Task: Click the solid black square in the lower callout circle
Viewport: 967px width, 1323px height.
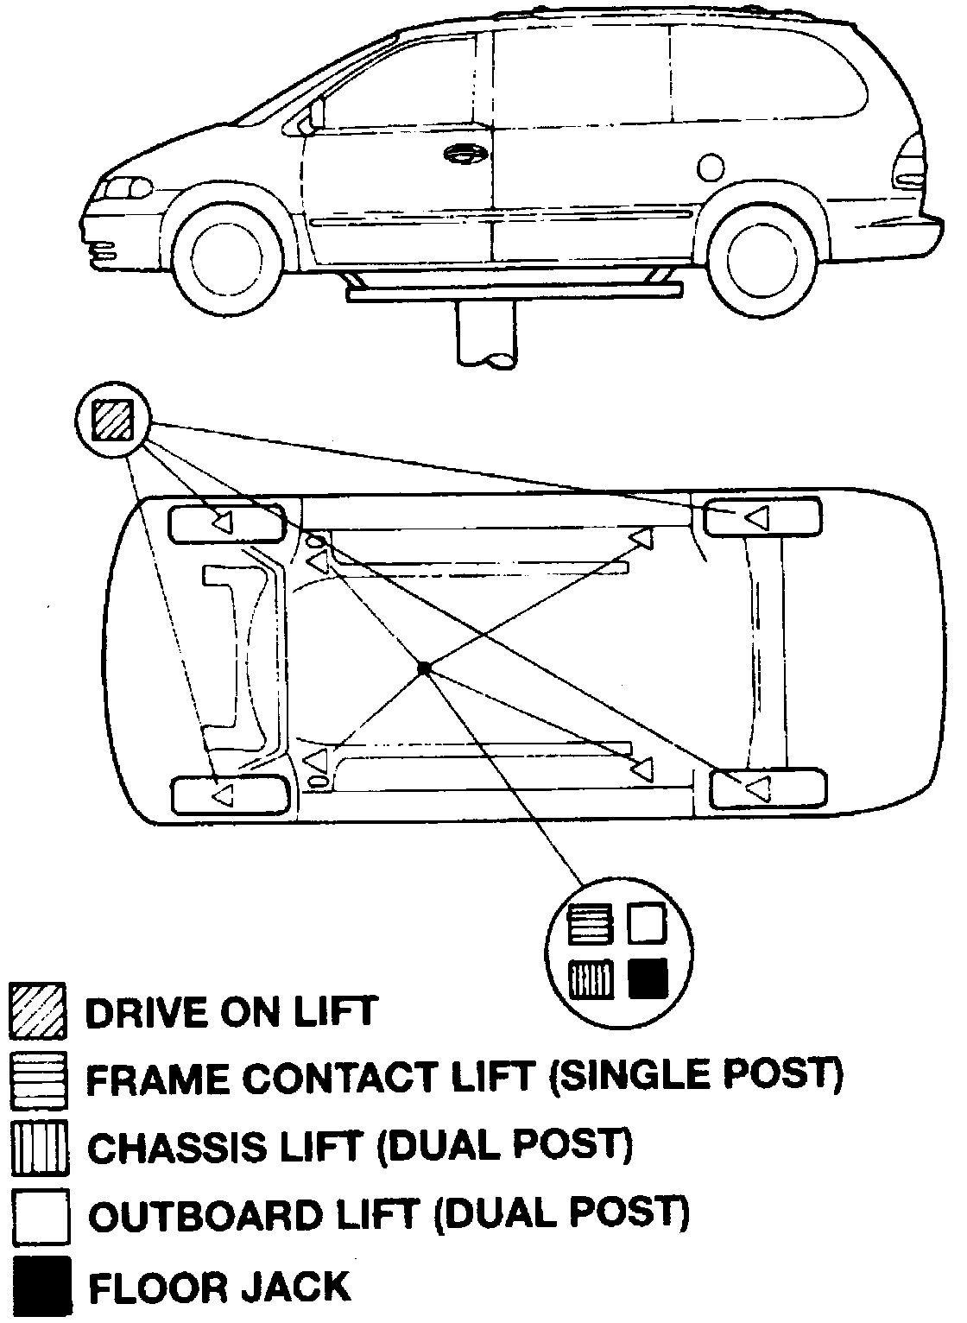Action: (648, 977)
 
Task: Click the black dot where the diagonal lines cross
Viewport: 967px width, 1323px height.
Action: (424, 667)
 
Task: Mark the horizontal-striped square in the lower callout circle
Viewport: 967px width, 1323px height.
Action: (591, 923)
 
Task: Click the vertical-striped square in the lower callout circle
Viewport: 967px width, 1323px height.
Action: (591, 978)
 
